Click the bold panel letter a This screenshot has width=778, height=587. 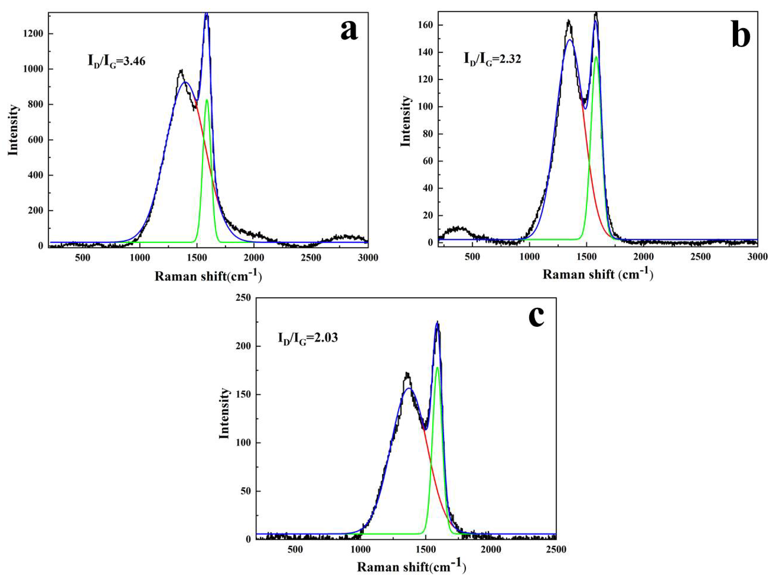[349, 30]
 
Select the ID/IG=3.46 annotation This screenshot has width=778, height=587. [116, 61]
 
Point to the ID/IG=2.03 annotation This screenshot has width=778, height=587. [308, 338]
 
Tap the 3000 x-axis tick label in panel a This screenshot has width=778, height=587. [368, 258]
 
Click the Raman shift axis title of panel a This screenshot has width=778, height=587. [208, 276]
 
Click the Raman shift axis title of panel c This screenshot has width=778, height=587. [412, 567]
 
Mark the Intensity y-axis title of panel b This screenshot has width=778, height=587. [405, 121]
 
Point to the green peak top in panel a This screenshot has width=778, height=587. [207, 100]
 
